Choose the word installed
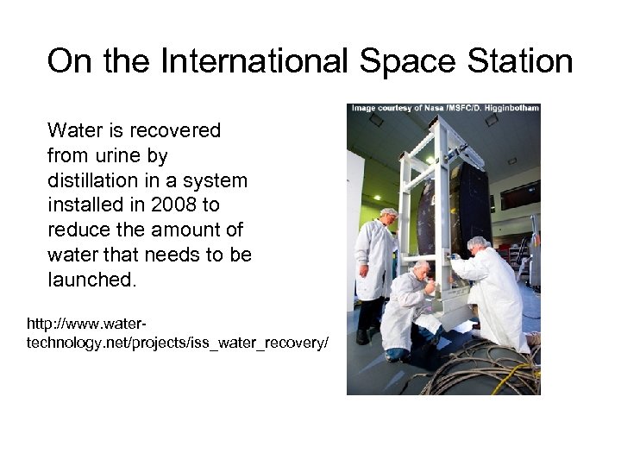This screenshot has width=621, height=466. [81, 206]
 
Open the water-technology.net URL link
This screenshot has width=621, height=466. [177, 334]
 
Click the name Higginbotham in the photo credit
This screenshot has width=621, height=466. [508, 108]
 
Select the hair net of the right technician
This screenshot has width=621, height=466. [477, 242]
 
